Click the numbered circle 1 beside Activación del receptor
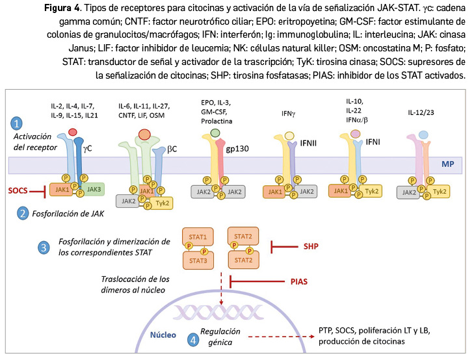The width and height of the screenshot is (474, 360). (18, 123)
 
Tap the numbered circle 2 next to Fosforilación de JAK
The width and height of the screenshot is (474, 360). (22, 212)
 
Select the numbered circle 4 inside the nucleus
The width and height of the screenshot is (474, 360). (193, 339)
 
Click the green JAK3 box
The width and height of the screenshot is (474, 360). (93, 188)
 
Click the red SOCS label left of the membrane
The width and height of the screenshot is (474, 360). (18, 191)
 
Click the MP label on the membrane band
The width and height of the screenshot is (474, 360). (448, 164)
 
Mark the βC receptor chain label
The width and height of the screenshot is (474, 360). (172, 149)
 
